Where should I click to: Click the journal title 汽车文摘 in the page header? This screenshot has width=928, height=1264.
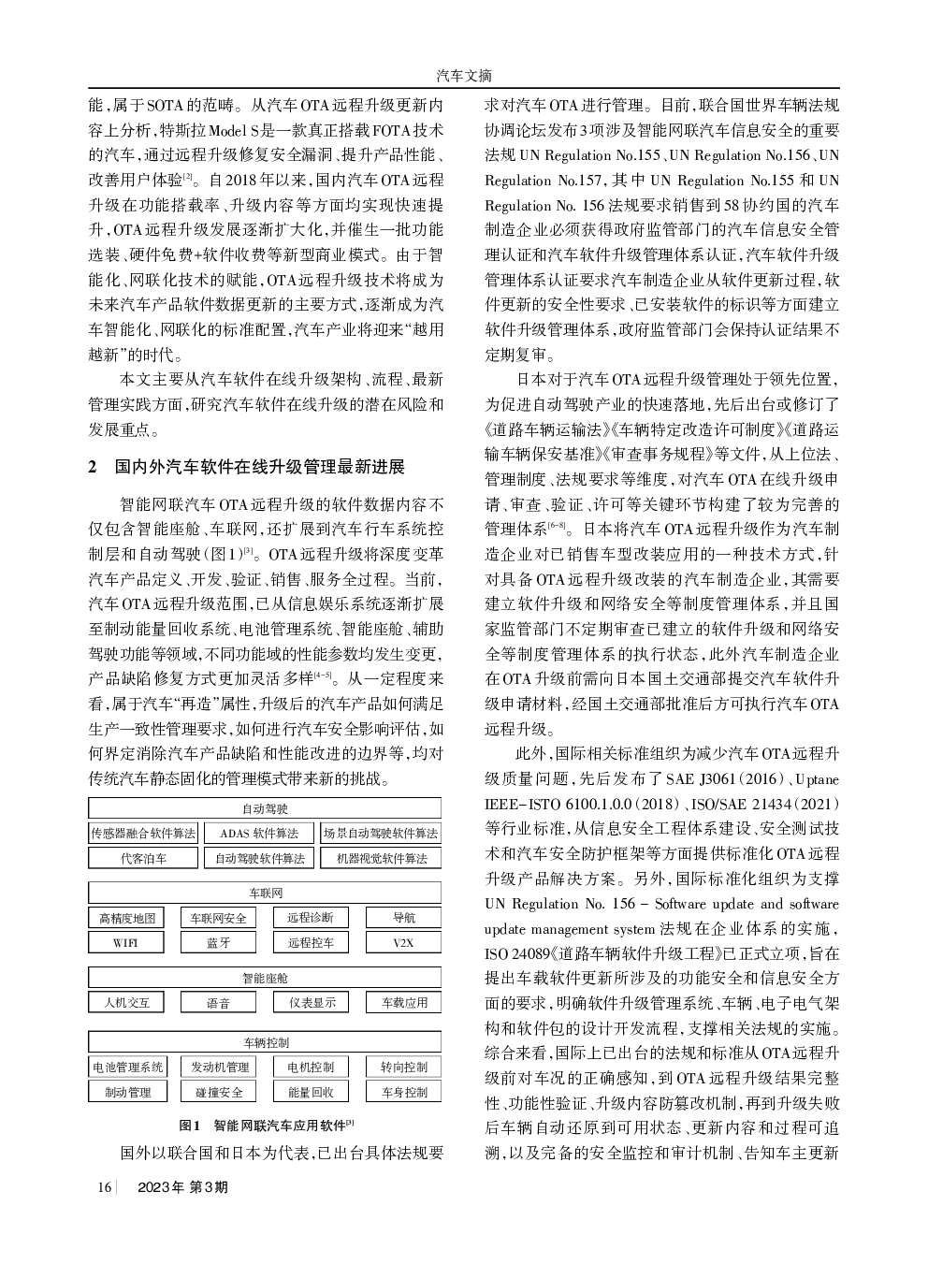point(464,76)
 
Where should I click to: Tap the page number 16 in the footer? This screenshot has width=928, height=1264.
point(104,1187)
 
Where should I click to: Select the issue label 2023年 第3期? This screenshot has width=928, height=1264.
point(182,1187)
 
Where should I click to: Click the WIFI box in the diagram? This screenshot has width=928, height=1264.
point(125,943)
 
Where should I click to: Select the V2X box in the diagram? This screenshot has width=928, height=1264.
point(403,943)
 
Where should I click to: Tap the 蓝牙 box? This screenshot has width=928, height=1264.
point(218,943)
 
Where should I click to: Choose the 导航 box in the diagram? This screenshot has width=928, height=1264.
point(403,918)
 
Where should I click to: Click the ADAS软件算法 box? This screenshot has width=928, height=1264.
point(259,833)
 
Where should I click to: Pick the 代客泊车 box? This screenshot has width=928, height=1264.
point(143,858)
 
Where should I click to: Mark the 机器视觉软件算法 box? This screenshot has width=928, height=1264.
point(381,858)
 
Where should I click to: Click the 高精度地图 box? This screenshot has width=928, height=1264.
point(126,918)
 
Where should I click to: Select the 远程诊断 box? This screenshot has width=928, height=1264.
point(311,918)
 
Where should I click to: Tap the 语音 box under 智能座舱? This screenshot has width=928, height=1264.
point(218,1003)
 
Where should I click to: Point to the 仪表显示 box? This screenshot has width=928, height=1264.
point(311,1003)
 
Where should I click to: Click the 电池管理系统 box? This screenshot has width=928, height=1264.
point(127,1067)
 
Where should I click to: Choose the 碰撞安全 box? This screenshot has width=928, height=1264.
point(219,1092)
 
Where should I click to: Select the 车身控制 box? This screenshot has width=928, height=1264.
point(404,1092)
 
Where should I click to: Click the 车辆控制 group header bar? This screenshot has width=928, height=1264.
point(266,1042)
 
